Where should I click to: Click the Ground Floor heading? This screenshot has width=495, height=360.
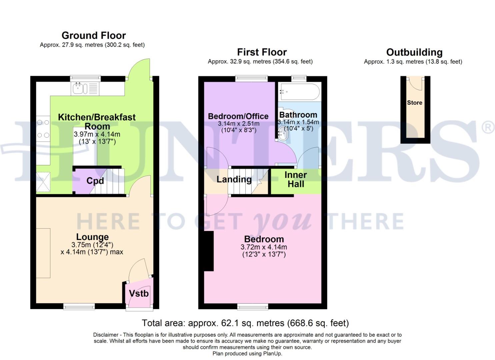click(x=94, y=35)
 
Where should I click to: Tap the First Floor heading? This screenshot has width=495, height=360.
click(x=262, y=52)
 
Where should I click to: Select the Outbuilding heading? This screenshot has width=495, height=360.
click(x=414, y=52)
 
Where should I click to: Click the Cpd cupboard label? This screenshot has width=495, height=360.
click(x=95, y=181)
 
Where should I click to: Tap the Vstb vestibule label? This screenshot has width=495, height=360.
click(x=139, y=294)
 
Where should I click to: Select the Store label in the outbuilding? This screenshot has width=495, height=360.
click(x=414, y=103)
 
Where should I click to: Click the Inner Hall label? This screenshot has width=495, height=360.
click(x=296, y=179)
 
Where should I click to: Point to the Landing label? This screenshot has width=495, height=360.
click(x=234, y=179)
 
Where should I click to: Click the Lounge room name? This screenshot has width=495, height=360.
click(x=92, y=237)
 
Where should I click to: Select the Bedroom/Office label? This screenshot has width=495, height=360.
click(x=238, y=116)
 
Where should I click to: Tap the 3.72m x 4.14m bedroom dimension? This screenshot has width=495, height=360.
click(x=264, y=247)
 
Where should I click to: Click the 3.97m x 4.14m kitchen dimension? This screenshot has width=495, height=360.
click(x=97, y=135)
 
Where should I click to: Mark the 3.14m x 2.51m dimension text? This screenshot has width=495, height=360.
click(x=238, y=124)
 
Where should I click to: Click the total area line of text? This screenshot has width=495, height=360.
click(x=245, y=323)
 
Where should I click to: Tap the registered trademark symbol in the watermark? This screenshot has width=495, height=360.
click(x=488, y=128)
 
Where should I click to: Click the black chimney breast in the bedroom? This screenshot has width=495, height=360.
click(x=209, y=251)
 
